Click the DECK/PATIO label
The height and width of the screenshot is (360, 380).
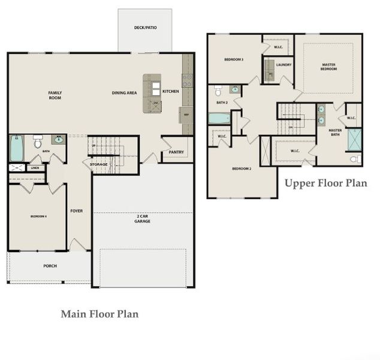145,28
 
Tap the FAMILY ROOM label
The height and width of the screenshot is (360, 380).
55,95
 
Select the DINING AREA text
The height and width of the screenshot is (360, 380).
124,92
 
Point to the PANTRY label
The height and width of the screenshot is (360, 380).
176,152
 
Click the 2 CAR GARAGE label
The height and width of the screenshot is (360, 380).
142,218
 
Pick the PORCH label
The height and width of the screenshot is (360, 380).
50,266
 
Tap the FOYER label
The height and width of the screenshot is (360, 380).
77,211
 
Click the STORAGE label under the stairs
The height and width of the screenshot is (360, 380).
98,164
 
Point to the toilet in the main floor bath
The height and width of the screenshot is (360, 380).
38,142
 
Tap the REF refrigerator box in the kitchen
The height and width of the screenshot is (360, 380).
186,115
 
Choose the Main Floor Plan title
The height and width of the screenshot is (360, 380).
100,314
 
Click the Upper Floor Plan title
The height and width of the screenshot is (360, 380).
325,183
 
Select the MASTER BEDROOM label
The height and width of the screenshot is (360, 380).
328,67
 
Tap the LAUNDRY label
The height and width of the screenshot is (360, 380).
284,64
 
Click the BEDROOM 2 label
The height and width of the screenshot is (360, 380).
241,169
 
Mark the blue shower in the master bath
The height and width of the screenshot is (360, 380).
355,138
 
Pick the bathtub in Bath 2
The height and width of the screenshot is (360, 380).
218,118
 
